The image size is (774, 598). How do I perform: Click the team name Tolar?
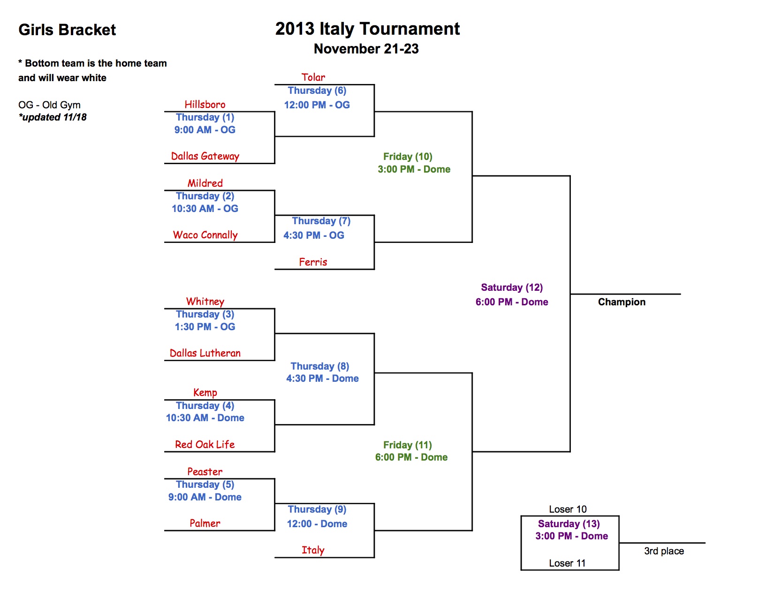(x=313, y=77)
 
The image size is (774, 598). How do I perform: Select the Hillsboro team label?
(x=205, y=104)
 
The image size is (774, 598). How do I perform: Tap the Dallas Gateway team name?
(x=205, y=156)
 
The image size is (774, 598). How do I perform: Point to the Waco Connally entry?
(x=205, y=235)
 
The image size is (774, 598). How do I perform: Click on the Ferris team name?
(x=313, y=262)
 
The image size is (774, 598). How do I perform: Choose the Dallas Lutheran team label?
(x=205, y=353)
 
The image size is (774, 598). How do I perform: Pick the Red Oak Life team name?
(x=205, y=444)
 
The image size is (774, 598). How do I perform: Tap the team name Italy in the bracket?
(x=313, y=550)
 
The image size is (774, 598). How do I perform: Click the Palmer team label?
(x=205, y=523)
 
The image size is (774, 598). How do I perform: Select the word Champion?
(x=621, y=302)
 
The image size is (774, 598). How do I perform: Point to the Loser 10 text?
(x=568, y=509)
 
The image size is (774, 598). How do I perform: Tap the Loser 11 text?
(x=567, y=563)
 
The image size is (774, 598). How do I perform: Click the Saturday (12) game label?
(x=511, y=287)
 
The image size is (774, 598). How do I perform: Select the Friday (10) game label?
(x=408, y=156)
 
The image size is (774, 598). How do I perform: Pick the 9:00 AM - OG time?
(x=205, y=129)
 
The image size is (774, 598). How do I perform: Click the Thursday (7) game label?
(x=321, y=221)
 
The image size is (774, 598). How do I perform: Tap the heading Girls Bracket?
(x=67, y=30)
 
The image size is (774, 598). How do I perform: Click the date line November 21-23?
(x=366, y=48)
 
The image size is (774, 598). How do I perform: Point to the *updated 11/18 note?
(x=53, y=117)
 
